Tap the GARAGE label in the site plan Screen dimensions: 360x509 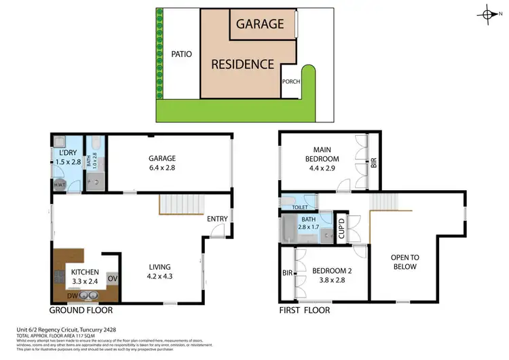coord(259,24)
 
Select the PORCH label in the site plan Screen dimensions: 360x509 coord(290,82)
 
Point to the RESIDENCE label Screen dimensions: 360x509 coord(242,65)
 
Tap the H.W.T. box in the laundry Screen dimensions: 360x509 coord(60,184)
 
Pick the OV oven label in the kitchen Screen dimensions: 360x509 coord(113,277)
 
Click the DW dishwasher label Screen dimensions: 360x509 coord(71,295)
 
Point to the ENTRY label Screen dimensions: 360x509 coord(217,218)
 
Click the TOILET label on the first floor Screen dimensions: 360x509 coord(300,207)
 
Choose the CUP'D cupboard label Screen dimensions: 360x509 coord(342,228)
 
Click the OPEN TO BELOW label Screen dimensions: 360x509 coord(404,262)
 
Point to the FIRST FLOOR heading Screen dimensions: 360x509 coord(305,310)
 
